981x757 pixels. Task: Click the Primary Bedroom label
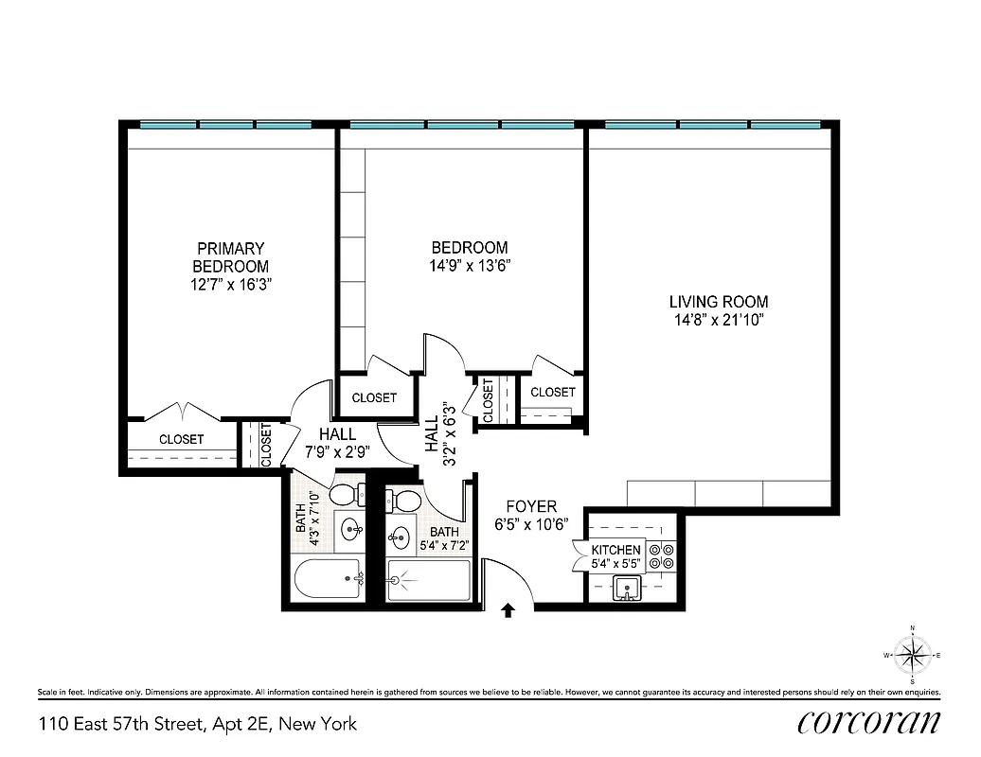[x=230, y=257]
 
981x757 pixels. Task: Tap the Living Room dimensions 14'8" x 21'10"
[x=718, y=320]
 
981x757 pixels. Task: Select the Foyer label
[x=530, y=506]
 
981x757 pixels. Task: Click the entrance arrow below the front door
[x=508, y=611]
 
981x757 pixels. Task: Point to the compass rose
[x=912, y=655]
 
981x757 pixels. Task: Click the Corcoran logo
[x=868, y=723]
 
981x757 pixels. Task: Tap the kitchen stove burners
[x=661, y=555]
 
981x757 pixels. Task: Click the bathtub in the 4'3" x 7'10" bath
[x=328, y=578]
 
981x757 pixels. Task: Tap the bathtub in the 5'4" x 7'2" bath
[x=429, y=579]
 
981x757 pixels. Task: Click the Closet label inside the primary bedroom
[x=181, y=439]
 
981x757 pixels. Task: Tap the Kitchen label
[x=615, y=550]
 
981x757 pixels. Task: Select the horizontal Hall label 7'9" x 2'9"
[x=337, y=442]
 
